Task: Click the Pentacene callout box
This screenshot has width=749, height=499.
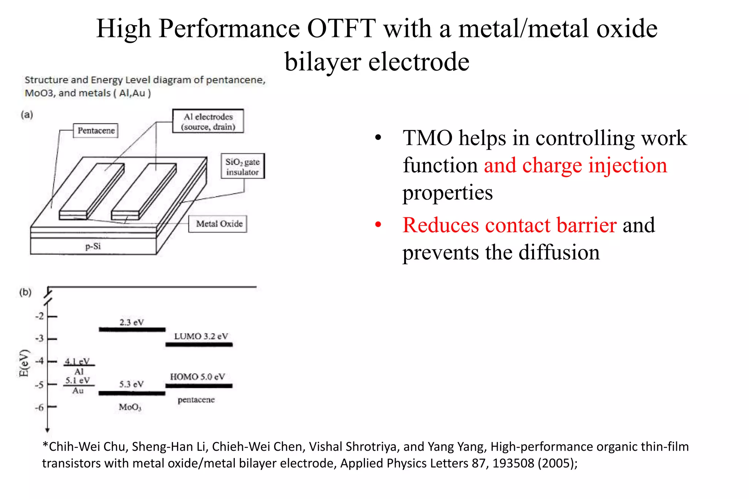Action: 96,131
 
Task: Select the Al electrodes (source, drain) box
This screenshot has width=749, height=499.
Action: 208,121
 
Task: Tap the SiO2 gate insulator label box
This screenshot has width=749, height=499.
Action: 242,166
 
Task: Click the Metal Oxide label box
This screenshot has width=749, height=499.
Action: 218,224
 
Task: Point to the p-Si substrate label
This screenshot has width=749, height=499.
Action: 93,246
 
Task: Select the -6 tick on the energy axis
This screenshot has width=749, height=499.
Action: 40,407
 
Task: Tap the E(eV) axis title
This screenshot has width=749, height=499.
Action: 24,363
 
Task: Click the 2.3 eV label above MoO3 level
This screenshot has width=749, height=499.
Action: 132,322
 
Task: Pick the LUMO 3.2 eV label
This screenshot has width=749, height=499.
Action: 201,336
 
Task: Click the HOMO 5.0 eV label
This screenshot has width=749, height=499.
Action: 197,377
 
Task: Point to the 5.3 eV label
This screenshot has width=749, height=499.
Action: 132,384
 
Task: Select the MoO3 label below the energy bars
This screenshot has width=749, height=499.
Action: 130,407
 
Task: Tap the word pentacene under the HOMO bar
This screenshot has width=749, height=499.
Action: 196,400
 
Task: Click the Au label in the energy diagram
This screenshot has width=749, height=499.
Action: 78,390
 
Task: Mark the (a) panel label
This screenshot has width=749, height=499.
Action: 27,115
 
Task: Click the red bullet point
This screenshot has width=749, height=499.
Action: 378,225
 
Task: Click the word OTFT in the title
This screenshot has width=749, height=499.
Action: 341,29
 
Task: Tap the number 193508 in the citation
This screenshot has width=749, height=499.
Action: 513,463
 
